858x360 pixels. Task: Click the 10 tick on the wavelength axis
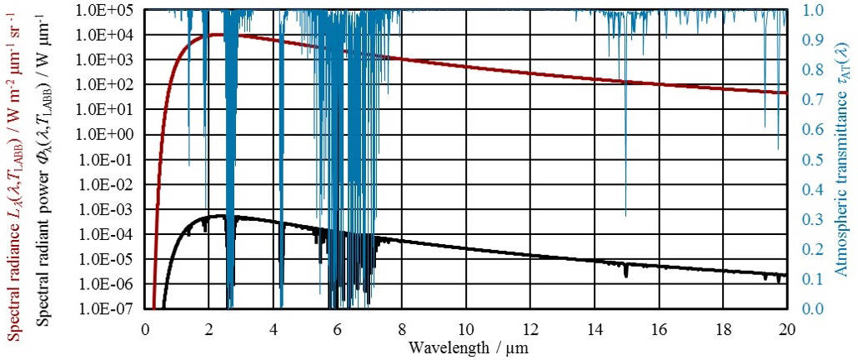(x=466, y=327)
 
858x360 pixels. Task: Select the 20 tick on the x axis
(x=787, y=327)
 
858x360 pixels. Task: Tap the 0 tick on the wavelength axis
(x=145, y=327)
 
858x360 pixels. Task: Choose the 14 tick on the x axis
(x=595, y=327)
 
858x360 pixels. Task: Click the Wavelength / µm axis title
(x=467, y=346)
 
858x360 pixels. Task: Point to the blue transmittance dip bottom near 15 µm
(x=625, y=215)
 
